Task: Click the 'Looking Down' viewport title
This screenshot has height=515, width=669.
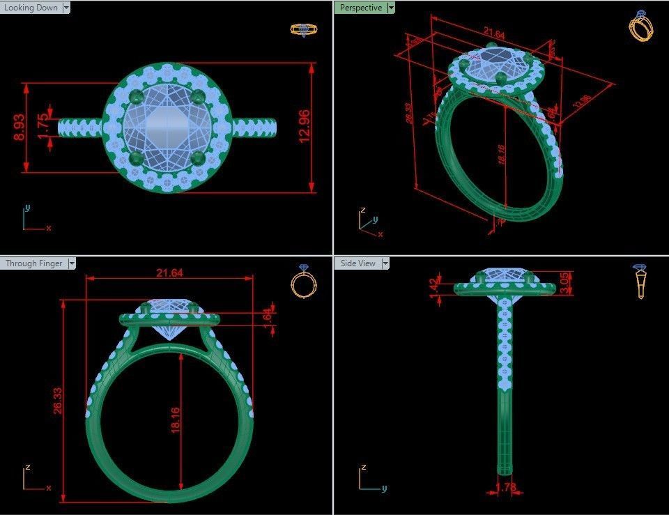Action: (31, 8)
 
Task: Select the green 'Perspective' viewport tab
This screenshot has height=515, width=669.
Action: (360, 8)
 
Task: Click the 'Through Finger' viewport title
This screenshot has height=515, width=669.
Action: (33, 263)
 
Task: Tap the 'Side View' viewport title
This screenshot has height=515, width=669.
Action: (357, 263)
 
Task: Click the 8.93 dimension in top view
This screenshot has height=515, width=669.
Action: (20, 128)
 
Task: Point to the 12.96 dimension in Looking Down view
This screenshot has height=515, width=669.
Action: (305, 127)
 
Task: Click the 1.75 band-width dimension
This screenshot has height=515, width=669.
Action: (43, 128)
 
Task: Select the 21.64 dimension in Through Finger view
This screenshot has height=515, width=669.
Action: (169, 273)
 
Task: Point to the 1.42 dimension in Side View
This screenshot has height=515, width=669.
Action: (434, 290)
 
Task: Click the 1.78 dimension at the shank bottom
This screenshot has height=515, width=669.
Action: (507, 487)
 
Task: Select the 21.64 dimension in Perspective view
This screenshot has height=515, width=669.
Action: (493, 33)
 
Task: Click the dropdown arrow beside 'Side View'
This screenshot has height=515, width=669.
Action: (385, 263)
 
